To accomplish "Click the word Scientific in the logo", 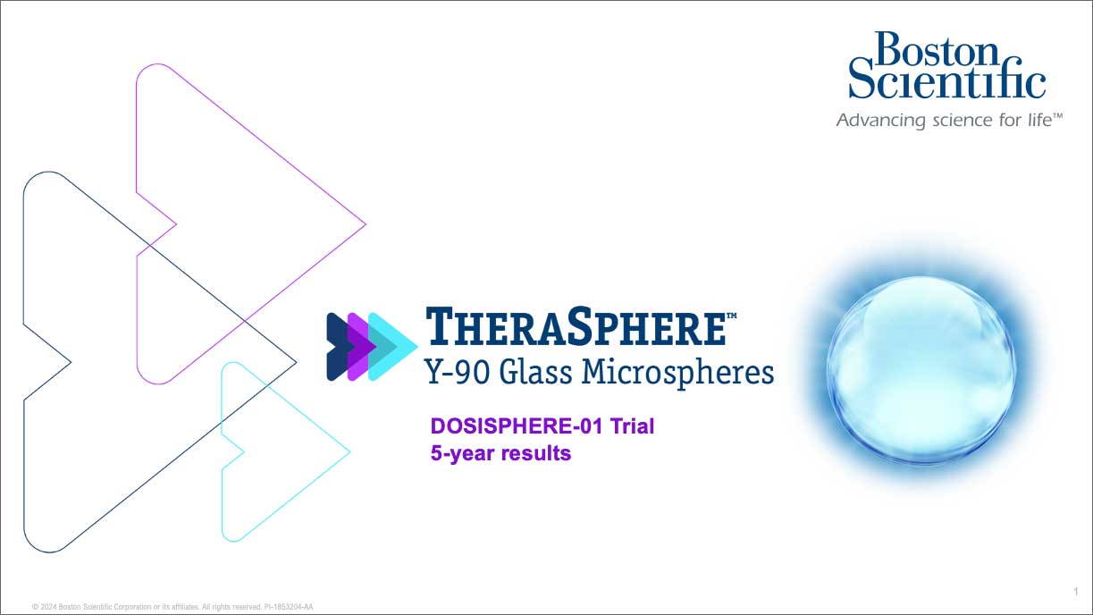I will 946,83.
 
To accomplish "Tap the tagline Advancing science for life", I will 948,120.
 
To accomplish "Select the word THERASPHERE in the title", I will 576,327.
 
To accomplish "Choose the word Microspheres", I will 677,371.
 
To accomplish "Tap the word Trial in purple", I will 632,426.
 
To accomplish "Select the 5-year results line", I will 500,453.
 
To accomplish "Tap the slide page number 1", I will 1076,591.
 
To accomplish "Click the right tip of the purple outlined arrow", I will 364,224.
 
